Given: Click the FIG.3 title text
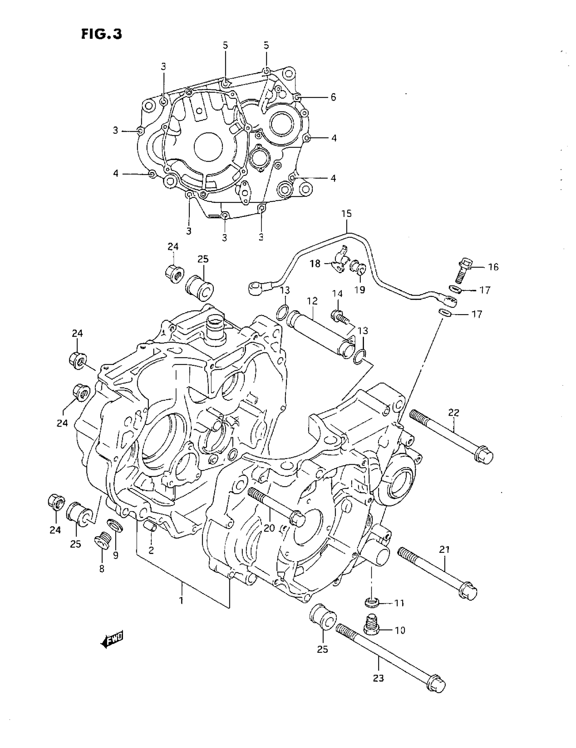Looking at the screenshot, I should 101,34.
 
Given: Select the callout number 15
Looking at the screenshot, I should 346,214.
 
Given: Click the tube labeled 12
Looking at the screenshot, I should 321,334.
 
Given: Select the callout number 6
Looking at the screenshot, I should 333,97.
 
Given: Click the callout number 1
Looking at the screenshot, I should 181,600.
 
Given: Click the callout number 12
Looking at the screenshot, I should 312,301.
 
